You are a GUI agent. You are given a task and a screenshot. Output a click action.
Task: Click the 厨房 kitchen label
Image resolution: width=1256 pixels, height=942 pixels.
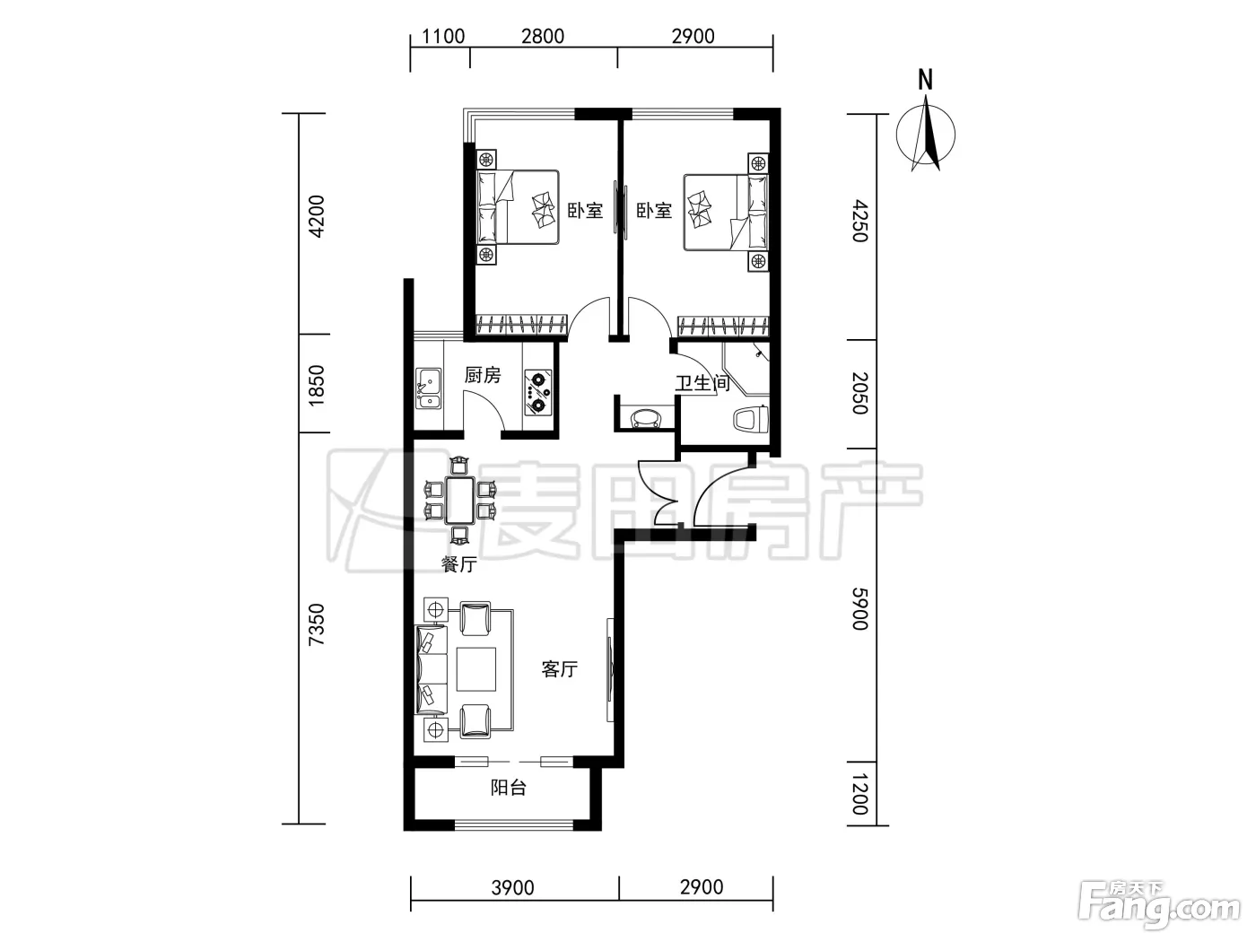tap(483, 375)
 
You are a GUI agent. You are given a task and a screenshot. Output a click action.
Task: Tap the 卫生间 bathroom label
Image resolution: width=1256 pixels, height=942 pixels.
tap(702, 383)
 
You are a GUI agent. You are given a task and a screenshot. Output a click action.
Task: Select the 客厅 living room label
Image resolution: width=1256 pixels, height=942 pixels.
tap(560, 668)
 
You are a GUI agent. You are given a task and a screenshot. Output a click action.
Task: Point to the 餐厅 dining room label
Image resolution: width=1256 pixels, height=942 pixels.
tap(459, 564)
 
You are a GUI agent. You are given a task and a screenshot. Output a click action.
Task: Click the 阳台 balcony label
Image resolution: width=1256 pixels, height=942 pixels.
tap(508, 788)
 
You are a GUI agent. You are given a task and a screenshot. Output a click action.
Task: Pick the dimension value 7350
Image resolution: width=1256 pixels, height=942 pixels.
tap(317, 624)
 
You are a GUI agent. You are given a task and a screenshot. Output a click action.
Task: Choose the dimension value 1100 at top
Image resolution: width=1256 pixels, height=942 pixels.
tap(443, 37)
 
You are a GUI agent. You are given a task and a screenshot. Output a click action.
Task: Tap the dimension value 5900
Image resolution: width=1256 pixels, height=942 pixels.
tap(860, 608)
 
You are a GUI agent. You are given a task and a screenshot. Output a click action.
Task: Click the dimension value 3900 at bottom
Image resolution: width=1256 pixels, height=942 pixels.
tap(512, 887)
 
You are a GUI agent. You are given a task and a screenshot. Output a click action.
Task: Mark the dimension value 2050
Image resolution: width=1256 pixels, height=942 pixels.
tap(860, 393)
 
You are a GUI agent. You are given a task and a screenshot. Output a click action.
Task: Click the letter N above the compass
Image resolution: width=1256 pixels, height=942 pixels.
tap(925, 80)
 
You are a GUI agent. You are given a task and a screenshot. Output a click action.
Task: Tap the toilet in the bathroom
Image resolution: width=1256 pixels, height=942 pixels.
tap(750, 420)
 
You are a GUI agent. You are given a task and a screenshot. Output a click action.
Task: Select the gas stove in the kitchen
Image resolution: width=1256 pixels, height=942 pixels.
tap(538, 393)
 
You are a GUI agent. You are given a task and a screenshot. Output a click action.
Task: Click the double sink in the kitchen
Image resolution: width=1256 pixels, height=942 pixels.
tap(428, 388)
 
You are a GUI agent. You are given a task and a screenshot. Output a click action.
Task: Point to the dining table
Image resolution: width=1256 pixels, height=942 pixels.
tap(460, 501)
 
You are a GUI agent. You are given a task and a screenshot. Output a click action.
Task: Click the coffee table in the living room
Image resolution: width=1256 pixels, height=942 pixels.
tap(476, 668)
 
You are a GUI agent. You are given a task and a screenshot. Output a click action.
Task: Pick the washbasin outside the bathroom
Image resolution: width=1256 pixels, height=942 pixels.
tap(645, 418)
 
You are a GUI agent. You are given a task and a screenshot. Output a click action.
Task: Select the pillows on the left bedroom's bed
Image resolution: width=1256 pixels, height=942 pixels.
tap(487, 207)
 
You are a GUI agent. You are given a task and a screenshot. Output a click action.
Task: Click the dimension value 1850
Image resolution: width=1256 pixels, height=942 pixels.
tap(317, 386)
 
